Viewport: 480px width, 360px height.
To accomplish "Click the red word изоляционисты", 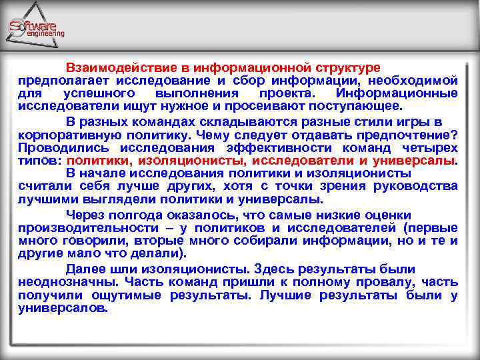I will pos(193,161).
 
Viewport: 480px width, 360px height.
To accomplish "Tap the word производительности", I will pos(85,228).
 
